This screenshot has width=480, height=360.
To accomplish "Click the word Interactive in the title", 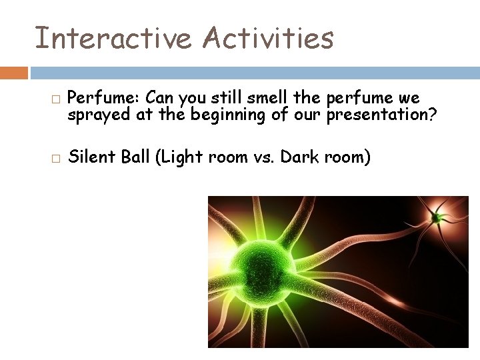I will pos(111,38).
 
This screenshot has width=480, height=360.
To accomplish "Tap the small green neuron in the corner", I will pos(437,216).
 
